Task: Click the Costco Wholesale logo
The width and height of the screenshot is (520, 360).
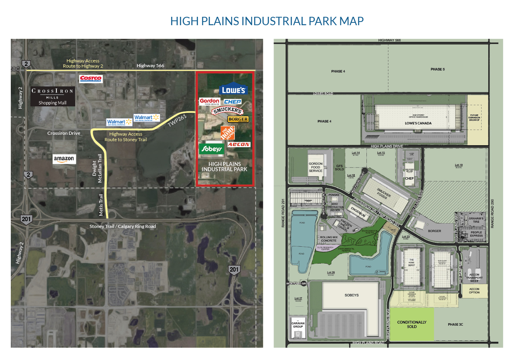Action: tap(91, 79)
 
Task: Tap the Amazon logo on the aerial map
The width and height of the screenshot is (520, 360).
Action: tap(64, 159)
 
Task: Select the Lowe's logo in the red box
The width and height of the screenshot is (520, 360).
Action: tap(233, 90)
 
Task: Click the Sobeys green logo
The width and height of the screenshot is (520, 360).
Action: tap(211, 149)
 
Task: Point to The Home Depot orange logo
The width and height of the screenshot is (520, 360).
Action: tap(228, 133)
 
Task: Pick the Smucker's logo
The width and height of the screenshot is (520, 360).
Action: tap(228, 111)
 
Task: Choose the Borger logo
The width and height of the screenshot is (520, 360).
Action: tap(238, 119)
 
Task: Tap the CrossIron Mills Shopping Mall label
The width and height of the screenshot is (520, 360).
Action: tap(52, 96)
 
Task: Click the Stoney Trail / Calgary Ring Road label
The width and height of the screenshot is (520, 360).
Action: tap(123, 226)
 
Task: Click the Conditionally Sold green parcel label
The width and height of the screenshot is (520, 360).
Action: tap(412, 324)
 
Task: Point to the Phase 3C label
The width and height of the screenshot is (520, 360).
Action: tap(455, 324)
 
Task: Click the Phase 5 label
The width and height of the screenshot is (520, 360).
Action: tap(437, 69)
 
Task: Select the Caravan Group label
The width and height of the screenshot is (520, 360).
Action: tap(298, 325)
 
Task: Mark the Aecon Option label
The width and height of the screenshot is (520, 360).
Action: tap(474, 290)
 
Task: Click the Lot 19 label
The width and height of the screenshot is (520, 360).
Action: tap(458, 165)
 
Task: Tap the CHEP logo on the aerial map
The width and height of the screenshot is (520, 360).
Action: tap(232, 102)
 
